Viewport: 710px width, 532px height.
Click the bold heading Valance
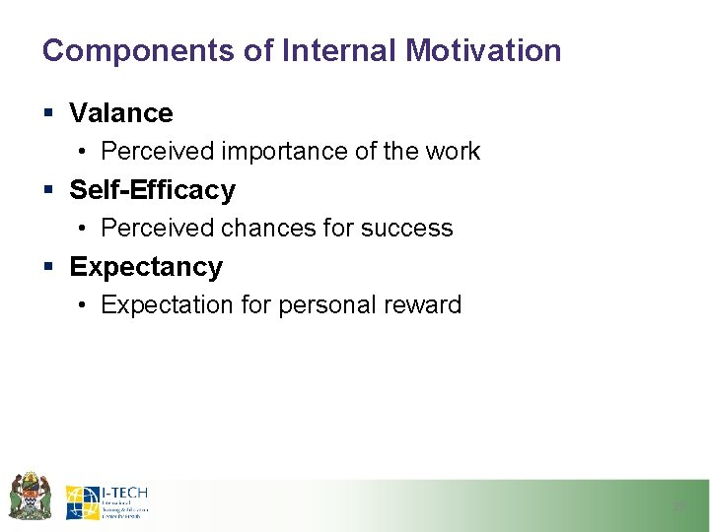click(121, 113)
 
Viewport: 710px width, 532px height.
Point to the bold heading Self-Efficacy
click(153, 189)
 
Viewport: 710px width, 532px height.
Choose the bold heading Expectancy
click(146, 267)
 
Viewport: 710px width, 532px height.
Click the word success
click(406, 229)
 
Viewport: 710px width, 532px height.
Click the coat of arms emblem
click(30, 496)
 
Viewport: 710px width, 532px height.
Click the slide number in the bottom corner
click(678, 505)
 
